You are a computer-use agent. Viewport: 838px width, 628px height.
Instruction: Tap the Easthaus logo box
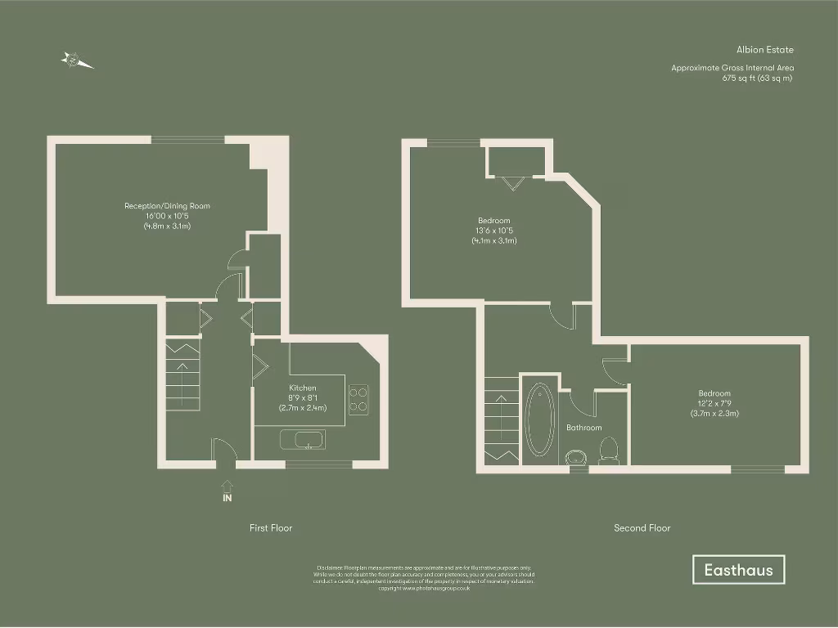[738, 570]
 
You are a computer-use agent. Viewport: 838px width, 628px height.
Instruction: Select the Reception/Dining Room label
[167, 206]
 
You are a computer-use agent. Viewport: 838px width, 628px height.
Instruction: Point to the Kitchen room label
[303, 388]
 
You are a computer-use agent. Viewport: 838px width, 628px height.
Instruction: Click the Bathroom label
[584, 428]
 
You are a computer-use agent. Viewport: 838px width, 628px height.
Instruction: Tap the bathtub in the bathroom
[539, 421]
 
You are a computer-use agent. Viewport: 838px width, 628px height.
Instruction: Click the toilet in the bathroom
[608, 449]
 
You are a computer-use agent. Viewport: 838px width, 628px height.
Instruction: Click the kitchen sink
[303, 440]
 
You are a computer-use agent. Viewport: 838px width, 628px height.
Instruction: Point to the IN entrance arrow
[227, 491]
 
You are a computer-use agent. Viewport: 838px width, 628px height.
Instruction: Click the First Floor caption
[271, 528]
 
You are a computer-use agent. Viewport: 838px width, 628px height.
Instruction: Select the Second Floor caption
[642, 528]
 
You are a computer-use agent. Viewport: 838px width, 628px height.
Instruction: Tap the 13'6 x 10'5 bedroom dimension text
[494, 231]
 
